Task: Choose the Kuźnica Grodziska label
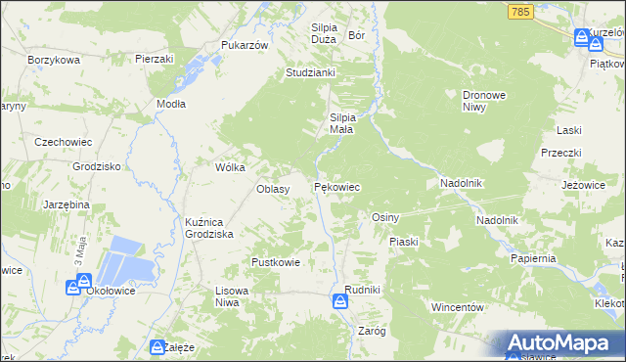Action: pos(208,229)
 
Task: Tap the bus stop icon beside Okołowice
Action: pos(73,288)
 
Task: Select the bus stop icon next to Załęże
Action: pos(157,346)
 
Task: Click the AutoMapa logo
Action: pos(563,342)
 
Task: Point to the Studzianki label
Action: pos(311,72)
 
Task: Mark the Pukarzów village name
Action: pos(245,46)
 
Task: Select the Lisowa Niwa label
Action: pos(234,297)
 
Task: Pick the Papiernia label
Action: pos(533,258)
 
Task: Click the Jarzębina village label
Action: pos(67,204)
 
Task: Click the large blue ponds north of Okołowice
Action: pos(126,259)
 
